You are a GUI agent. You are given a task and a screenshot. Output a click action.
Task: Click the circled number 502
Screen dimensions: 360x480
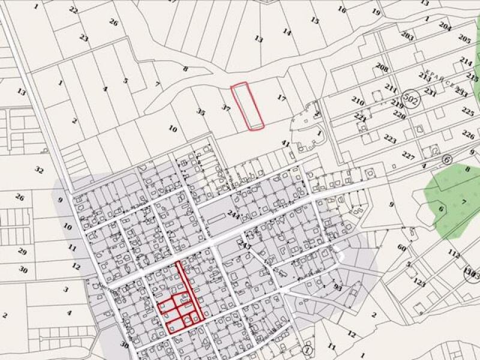coord(411,97)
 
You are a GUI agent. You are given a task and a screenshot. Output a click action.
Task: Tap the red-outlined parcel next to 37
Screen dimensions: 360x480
coord(248,106)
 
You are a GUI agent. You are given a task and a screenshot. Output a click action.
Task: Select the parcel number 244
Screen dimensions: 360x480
coord(233,217)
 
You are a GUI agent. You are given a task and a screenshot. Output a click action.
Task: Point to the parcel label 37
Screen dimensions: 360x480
coord(226,108)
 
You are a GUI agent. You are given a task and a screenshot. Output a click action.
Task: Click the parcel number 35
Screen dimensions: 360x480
coord(201,112)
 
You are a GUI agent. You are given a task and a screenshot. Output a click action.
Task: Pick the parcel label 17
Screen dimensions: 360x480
coord(281,97)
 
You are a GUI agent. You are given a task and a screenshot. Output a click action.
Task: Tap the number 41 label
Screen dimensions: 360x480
coord(286,144)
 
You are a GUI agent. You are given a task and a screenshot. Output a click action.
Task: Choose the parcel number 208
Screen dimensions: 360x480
coord(382,67)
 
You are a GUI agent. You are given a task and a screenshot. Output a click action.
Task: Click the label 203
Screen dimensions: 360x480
coord(407,37)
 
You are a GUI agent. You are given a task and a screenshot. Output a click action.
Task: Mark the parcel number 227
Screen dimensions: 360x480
coord(409,156)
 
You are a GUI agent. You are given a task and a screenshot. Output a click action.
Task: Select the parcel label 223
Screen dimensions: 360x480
coord(390,140)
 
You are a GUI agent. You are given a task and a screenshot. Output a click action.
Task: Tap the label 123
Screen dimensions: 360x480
coord(419,283)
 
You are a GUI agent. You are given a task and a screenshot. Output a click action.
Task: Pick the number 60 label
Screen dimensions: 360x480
coord(401,248)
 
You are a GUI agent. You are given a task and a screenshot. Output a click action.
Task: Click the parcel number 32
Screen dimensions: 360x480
coord(39,170)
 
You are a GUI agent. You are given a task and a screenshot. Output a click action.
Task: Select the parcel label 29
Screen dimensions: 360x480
coord(22,251)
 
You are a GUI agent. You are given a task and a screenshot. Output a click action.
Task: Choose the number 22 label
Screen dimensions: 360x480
coord(73,10)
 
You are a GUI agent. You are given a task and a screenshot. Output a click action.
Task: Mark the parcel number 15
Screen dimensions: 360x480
coord(314,20)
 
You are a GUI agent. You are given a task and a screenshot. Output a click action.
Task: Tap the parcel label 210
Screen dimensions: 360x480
coord(358,100)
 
